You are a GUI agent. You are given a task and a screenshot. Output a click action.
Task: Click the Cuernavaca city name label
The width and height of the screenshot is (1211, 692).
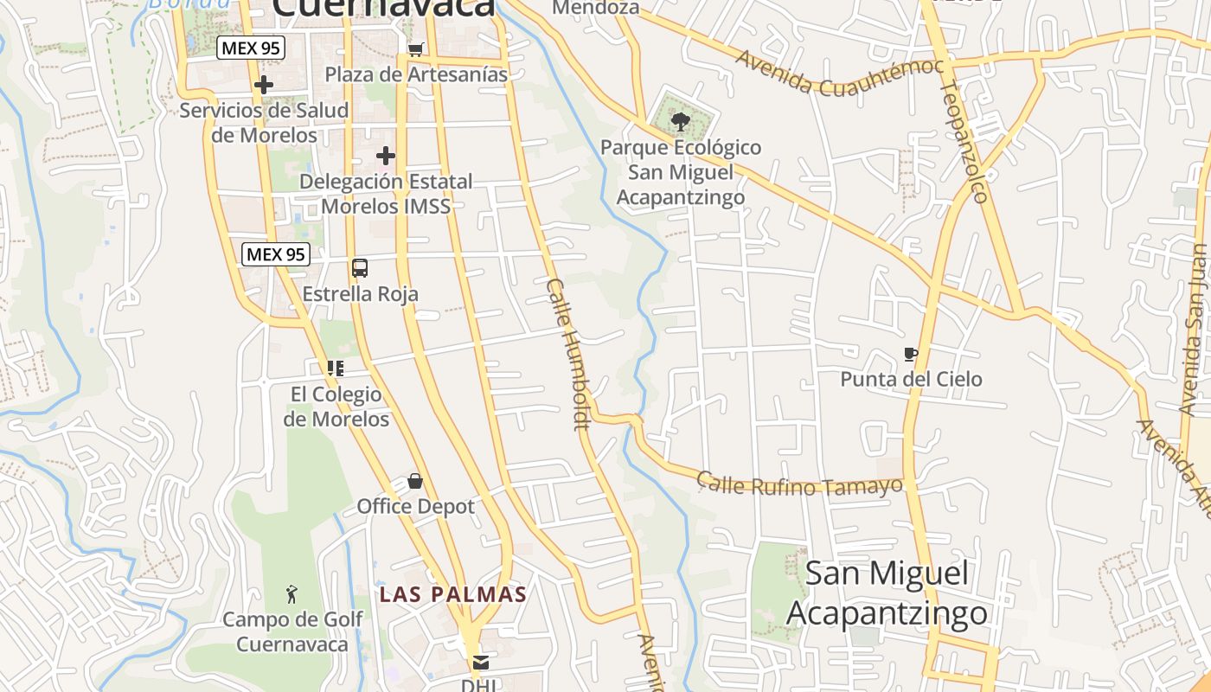tap(383, 7)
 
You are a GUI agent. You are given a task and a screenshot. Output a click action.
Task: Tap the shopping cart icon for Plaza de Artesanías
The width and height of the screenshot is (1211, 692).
tap(416, 49)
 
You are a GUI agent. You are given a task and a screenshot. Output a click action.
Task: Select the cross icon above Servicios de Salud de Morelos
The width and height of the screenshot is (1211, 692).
tap(264, 85)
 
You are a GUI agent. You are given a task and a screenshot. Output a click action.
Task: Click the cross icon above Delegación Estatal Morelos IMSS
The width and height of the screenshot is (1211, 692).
tap(386, 156)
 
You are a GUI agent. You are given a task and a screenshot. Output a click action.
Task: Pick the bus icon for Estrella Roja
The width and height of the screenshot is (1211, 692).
tap(360, 268)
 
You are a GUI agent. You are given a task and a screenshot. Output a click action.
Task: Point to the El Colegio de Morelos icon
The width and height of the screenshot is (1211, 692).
tap(336, 368)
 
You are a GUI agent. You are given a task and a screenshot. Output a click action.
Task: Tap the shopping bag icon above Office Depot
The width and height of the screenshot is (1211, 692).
tap(415, 481)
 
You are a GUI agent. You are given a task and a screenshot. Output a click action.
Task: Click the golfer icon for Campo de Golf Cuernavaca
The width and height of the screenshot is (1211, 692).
tap(292, 594)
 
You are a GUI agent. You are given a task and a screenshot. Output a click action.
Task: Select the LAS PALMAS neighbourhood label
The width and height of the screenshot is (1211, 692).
tap(453, 594)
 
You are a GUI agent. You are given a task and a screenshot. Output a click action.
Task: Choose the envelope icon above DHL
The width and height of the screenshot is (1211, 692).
tap(480, 663)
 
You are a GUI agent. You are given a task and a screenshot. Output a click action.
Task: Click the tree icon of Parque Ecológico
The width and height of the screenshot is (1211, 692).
tap(681, 121)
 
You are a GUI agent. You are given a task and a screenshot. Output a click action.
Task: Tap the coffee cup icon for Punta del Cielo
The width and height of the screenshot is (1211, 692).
tap(910, 354)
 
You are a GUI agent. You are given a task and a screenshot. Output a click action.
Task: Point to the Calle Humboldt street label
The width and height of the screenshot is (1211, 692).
tap(568, 354)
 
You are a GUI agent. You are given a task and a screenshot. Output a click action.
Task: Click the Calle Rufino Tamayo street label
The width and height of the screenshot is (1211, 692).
tap(800, 485)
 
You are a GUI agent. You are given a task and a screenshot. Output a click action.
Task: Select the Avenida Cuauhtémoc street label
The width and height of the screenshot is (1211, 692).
tap(839, 74)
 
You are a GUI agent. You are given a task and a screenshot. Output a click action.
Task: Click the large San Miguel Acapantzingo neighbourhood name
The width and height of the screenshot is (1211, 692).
tap(887, 593)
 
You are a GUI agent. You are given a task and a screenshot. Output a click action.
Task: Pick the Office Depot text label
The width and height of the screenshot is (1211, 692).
tap(416, 506)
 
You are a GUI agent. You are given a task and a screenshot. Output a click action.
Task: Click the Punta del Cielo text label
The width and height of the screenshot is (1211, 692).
tap(911, 379)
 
